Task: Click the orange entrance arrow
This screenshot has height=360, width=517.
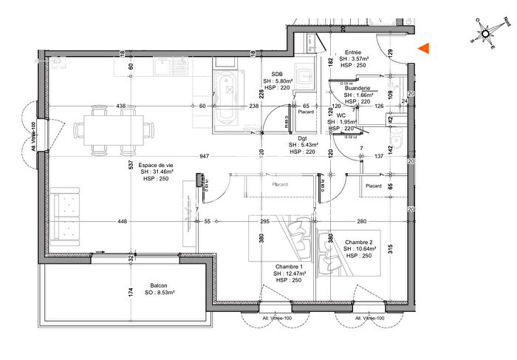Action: [424, 49]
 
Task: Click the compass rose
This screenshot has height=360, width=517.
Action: [485, 33]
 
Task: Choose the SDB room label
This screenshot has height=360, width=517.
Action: [278, 74]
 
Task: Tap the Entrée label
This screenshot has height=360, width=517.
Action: [354, 52]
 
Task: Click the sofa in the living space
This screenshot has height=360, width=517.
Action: [66, 216]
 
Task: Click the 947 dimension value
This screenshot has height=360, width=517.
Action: [205, 157]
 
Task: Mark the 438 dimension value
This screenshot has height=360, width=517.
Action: [121, 106]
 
